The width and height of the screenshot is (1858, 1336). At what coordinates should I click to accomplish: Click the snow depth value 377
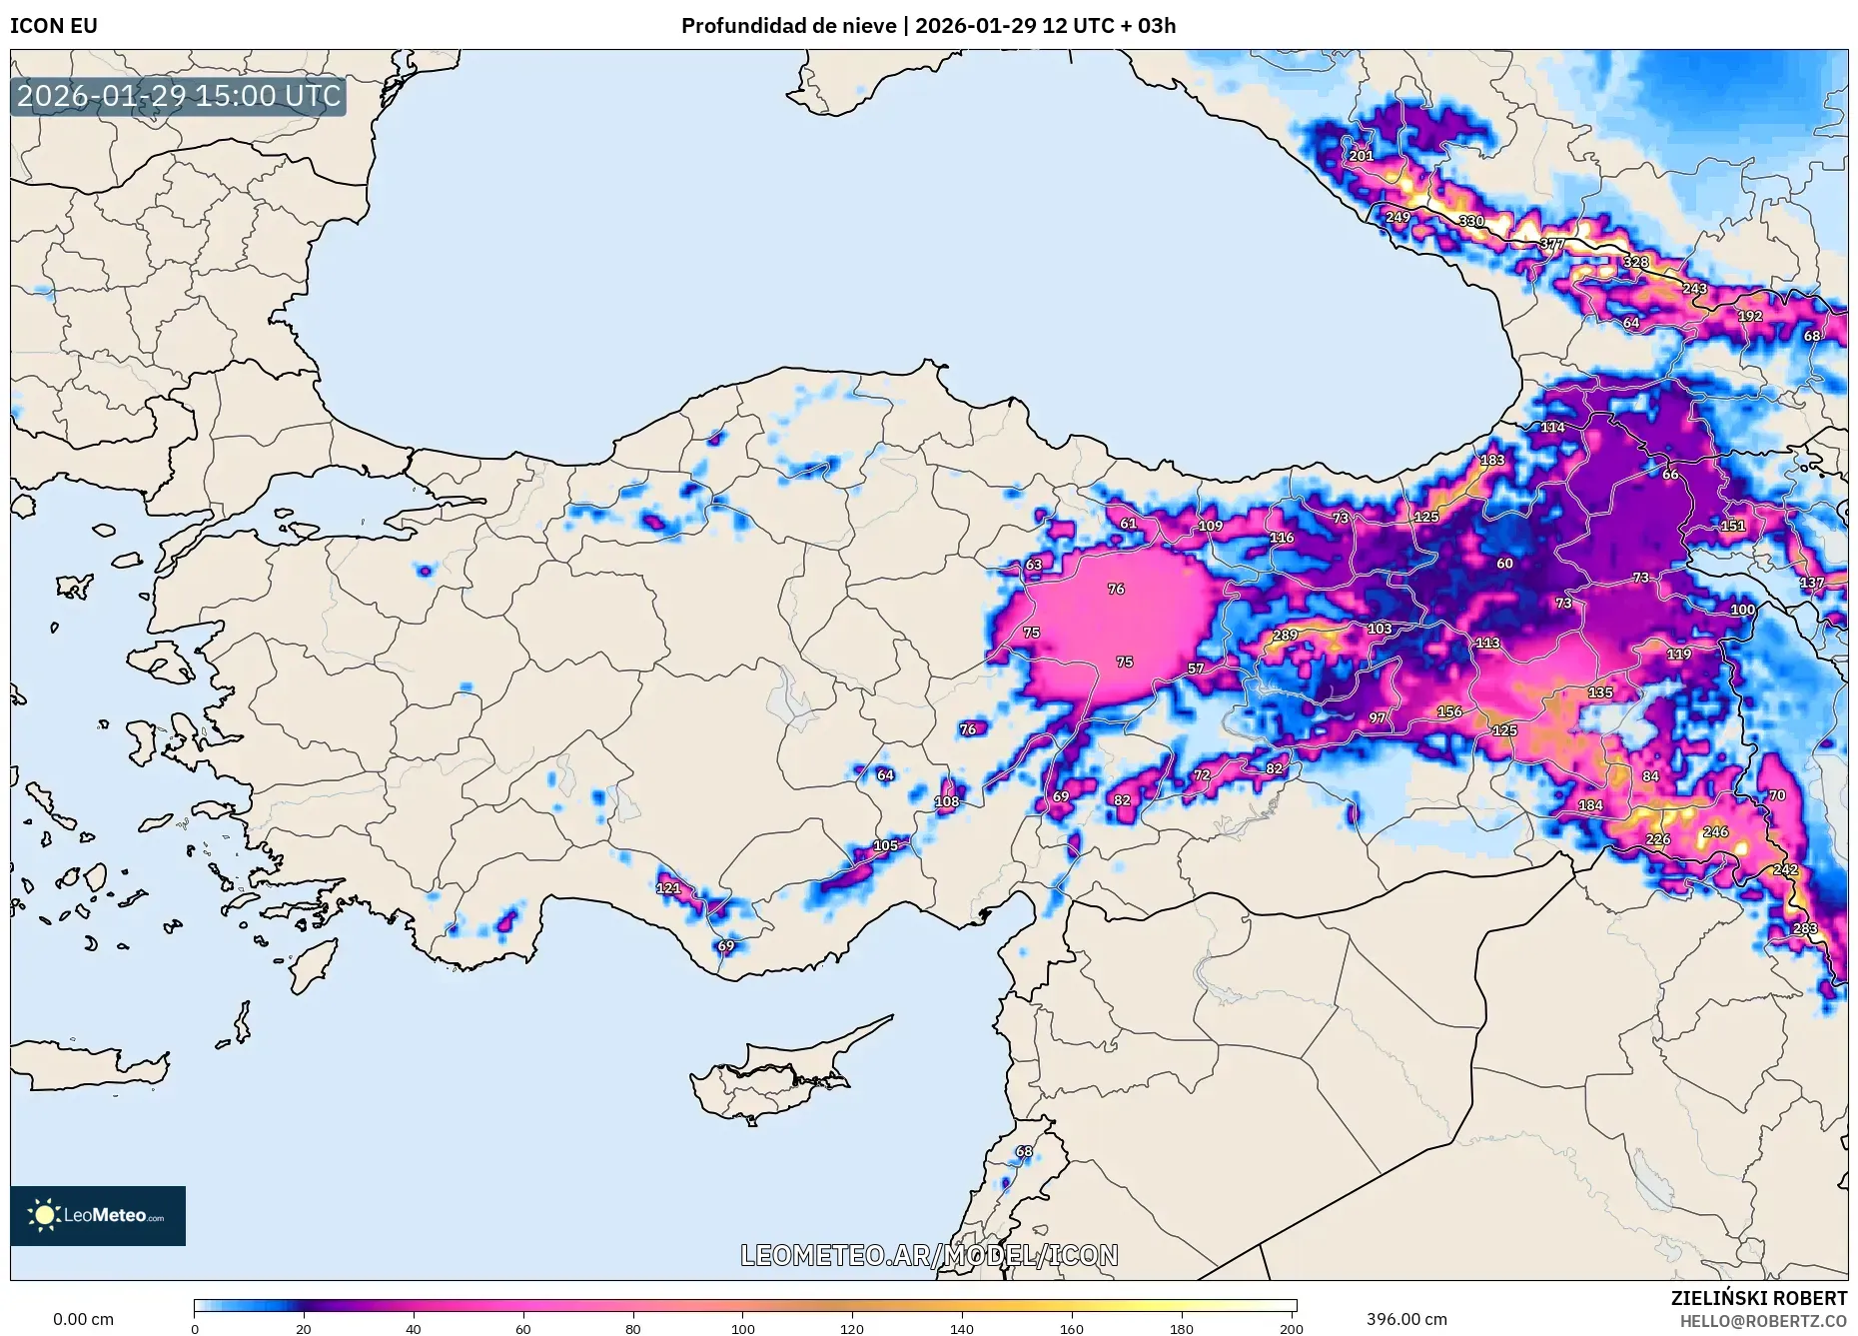[x=1552, y=244]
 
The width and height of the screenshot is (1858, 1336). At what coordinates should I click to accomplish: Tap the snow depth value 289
[x=1285, y=636]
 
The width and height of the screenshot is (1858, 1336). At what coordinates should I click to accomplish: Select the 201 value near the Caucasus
[x=1362, y=156]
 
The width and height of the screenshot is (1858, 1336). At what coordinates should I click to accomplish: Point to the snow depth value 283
[x=1805, y=929]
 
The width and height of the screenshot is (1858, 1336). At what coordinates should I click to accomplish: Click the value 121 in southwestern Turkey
[x=668, y=888]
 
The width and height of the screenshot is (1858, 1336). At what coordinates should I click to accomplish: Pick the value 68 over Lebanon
[x=1024, y=1151]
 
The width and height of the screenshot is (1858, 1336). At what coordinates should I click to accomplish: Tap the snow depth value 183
[x=1492, y=461]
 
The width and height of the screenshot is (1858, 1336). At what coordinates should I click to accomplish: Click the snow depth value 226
[x=1658, y=839]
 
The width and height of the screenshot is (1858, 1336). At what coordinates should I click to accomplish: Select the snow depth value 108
[x=947, y=801]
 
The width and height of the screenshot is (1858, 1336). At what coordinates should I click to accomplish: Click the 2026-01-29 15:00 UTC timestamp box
[x=179, y=96]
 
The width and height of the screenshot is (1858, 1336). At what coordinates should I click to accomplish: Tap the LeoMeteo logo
[x=98, y=1215]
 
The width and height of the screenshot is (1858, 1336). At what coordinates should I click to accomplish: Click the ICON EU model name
[x=54, y=26]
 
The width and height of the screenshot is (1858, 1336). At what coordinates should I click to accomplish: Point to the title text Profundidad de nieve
[x=788, y=26]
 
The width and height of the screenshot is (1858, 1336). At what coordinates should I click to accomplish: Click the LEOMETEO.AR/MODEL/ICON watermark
[x=929, y=1255]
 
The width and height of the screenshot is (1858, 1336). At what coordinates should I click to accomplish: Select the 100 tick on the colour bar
[x=742, y=1329]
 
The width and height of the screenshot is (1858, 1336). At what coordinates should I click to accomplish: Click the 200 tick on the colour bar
[x=1291, y=1329]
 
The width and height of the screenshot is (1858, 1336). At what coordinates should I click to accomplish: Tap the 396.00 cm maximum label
[x=1406, y=1319]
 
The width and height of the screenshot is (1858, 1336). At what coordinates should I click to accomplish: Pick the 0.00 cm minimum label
[x=83, y=1319]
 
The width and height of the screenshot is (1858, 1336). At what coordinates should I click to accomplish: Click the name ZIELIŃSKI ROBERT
[x=1758, y=1298]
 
